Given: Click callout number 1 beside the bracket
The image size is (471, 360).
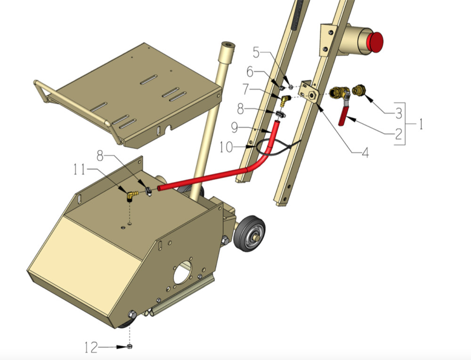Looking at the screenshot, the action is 421,124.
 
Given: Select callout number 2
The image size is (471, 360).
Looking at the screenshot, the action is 398,134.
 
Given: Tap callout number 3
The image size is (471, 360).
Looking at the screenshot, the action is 398,113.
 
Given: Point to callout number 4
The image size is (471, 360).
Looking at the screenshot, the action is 365,152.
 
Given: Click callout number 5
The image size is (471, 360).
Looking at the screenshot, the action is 256,52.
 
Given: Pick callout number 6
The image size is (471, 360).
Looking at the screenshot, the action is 250,72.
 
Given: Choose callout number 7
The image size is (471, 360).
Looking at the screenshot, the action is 246,89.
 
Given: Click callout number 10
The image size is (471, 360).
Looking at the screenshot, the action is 226,147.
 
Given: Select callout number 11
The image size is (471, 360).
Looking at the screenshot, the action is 80,170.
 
